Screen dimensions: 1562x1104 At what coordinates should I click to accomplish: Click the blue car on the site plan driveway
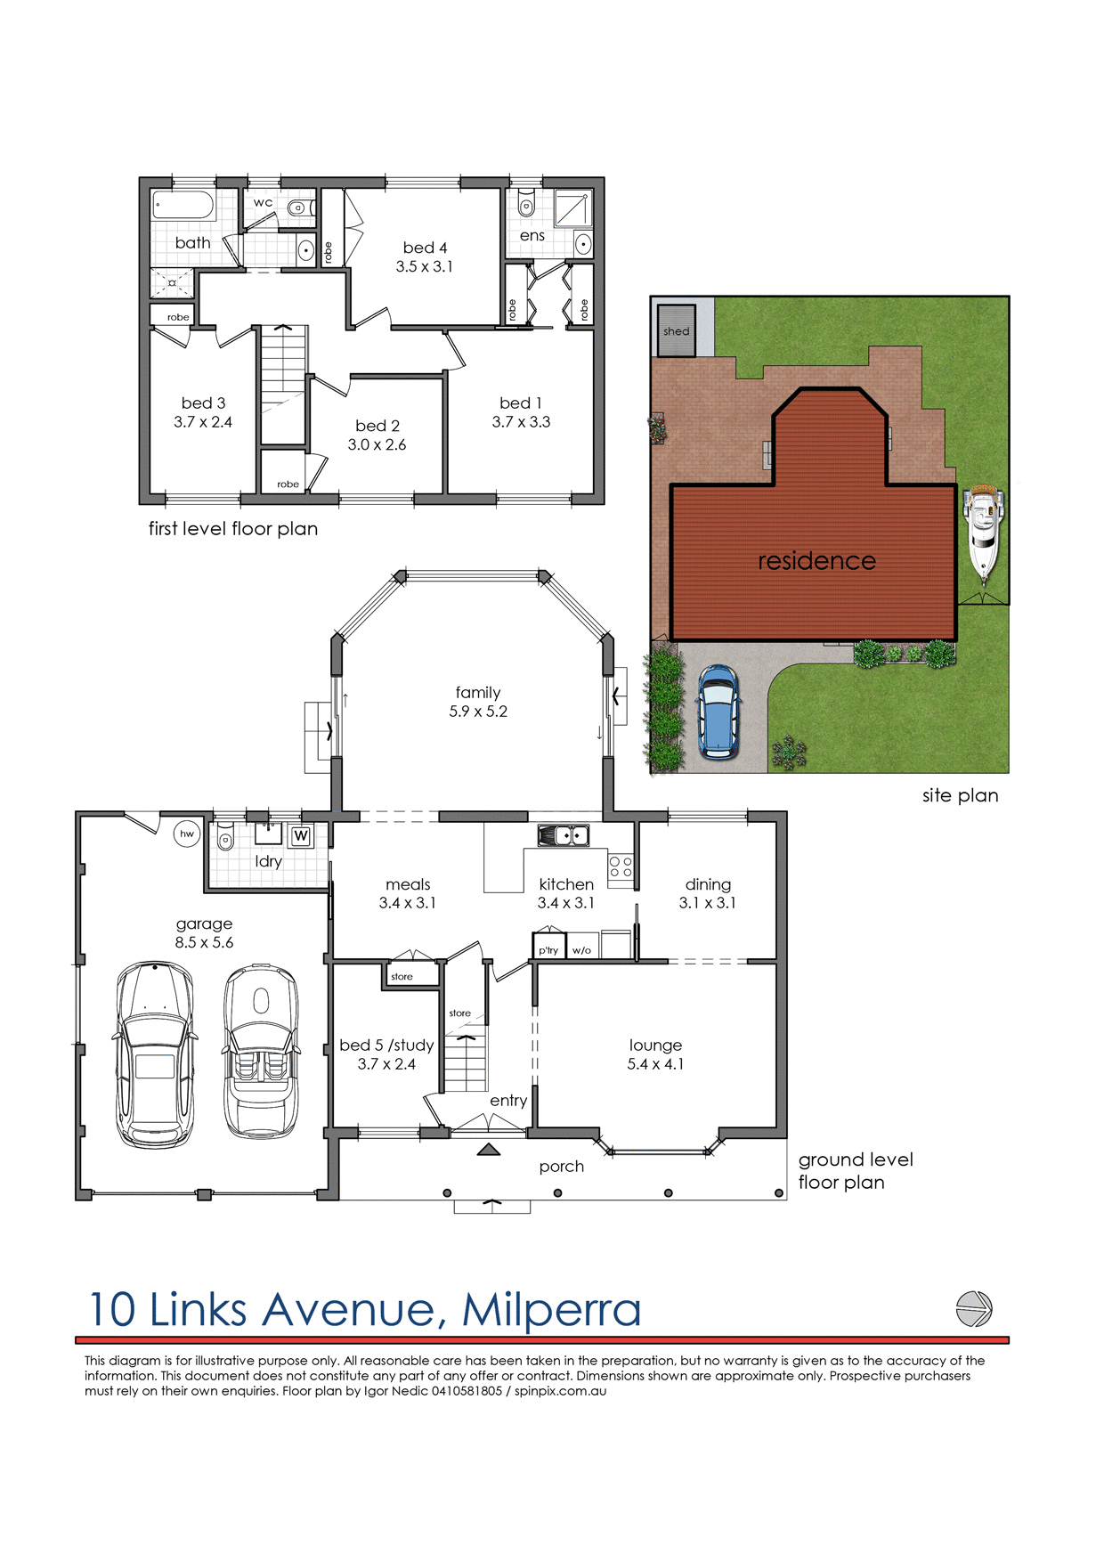[x=718, y=712]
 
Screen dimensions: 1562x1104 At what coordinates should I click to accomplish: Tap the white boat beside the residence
[x=983, y=532]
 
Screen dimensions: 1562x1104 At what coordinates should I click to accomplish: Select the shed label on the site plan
[x=676, y=331]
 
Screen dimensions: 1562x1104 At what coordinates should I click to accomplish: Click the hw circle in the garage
[x=187, y=834]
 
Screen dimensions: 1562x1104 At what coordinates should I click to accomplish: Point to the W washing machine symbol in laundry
[x=301, y=835]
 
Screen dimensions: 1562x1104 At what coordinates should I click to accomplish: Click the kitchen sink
[x=563, y=835]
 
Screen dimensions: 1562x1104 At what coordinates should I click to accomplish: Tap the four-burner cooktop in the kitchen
[x=621, y=867]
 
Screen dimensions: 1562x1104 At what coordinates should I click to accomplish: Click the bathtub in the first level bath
[x=183, y=206]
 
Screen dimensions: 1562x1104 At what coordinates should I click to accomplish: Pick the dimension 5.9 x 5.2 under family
[x=478, y=712]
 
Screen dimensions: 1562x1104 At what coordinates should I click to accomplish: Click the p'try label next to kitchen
[x=548, y=950]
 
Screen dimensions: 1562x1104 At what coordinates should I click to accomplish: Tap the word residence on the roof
[x=816, y=561]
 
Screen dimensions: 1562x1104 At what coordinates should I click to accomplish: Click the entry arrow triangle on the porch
[x=488, y=1150]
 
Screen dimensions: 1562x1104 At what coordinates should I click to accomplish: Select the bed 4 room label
[x=425, y=248]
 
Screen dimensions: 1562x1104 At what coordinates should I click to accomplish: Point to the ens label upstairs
[x=532, y=236]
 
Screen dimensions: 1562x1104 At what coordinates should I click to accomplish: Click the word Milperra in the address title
[x=551, y=1309]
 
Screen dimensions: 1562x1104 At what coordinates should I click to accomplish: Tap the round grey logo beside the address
[x=973, y=1309]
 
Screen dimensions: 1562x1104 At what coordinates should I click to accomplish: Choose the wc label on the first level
[x=263, y=202]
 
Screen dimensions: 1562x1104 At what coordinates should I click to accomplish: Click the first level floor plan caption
[x=232, y=529]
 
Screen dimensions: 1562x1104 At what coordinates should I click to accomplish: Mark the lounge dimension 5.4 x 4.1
[x=655, y=1064]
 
